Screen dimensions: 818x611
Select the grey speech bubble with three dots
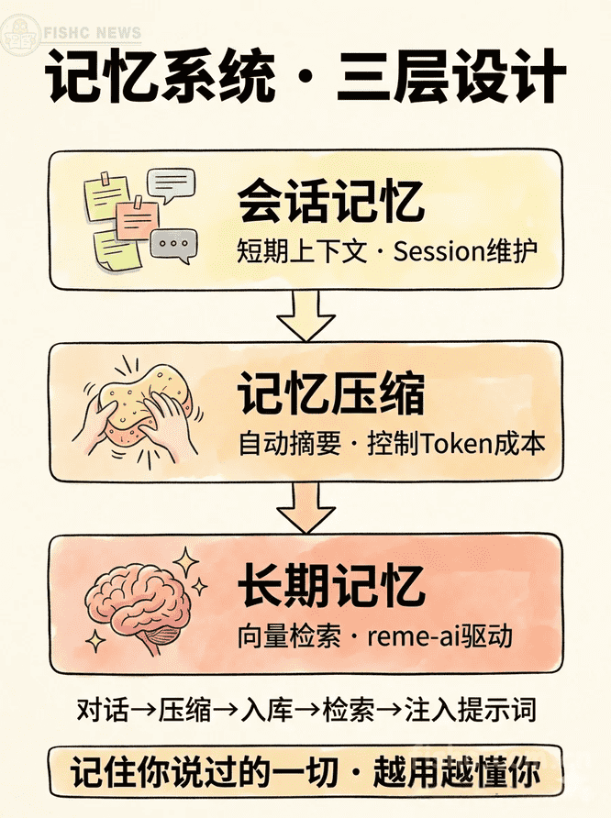[x=174, y=245]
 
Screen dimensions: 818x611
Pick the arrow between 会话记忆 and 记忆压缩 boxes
[x=305, y=315]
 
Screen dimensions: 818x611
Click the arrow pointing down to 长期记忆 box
[x=305, y=507]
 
